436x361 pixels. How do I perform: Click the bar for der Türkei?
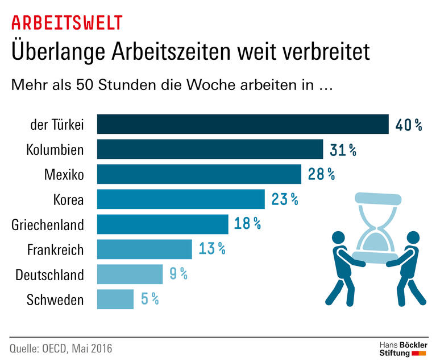[243, 124]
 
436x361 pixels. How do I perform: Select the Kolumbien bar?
[210, 149]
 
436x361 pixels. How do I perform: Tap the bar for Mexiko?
[199, 174]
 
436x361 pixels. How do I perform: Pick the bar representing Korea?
[181, 199]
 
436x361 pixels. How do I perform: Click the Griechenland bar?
[163, 224]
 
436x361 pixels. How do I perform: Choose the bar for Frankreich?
[144, 249]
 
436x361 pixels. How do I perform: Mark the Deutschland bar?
[130, 274]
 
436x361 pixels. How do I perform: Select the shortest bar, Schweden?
[115, 300]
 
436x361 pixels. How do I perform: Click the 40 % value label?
[409, 125]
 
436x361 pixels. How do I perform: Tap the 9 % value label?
[178, 274]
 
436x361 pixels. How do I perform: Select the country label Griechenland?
[48, 225]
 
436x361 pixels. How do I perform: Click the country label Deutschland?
[49, 275]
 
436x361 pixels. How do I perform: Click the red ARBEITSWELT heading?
[67, 23]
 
